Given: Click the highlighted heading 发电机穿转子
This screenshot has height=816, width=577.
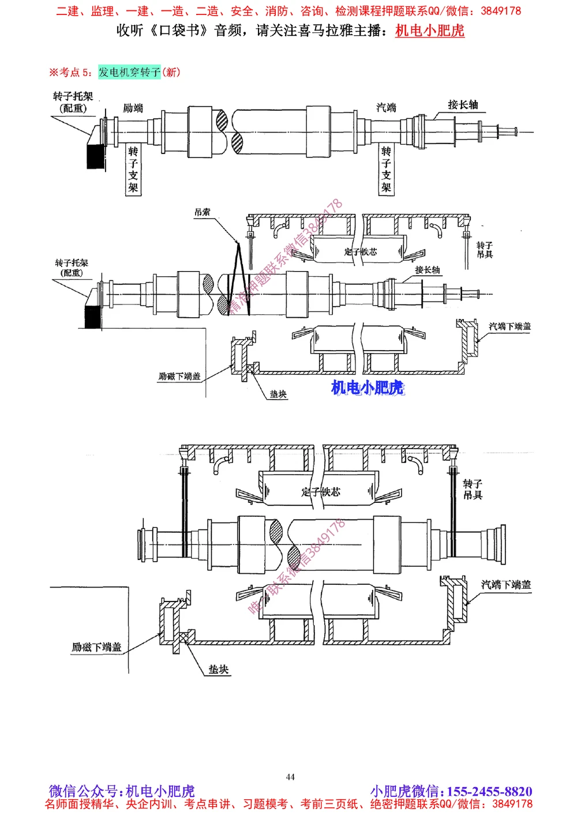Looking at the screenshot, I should click(x=129, y=72).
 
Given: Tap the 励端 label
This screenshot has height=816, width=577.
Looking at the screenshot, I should click(x=133, y=108).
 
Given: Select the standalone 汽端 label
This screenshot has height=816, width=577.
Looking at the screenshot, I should click(x=386, y=107).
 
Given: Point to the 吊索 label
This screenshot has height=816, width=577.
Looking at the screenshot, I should click(x=202, y=212).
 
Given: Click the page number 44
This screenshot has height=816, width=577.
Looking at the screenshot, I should click(x=290, y=777).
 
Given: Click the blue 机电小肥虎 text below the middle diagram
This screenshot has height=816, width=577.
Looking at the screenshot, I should click(x=368, y=388).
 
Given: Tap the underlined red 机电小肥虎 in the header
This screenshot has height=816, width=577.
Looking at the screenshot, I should click(x=430, y=31).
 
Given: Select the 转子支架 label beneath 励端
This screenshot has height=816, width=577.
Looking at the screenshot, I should click(x=133, y=170).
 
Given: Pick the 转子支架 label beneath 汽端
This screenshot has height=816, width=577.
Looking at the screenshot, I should click(x=386, y=170).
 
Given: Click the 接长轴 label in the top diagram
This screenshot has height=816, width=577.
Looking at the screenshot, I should click(x=463, y=104).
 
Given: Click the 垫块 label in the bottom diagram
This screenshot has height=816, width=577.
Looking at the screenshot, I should click(x=219, y=670).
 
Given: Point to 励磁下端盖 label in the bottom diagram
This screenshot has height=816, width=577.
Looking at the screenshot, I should click(x=96, y=647).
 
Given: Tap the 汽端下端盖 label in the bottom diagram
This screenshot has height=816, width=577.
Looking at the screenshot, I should click(x=506, y=585).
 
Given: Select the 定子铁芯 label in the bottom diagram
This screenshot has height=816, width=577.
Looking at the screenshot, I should click(x=321, y=491).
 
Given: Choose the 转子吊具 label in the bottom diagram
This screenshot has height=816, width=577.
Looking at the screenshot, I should click(x=473, y=489).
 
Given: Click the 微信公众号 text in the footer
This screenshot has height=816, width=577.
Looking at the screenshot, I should click(x=86, y=791).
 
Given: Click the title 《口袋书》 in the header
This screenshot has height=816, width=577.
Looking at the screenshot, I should click(x=179, y=31).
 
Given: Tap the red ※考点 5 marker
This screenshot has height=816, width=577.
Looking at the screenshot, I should click(x=70, y=72).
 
